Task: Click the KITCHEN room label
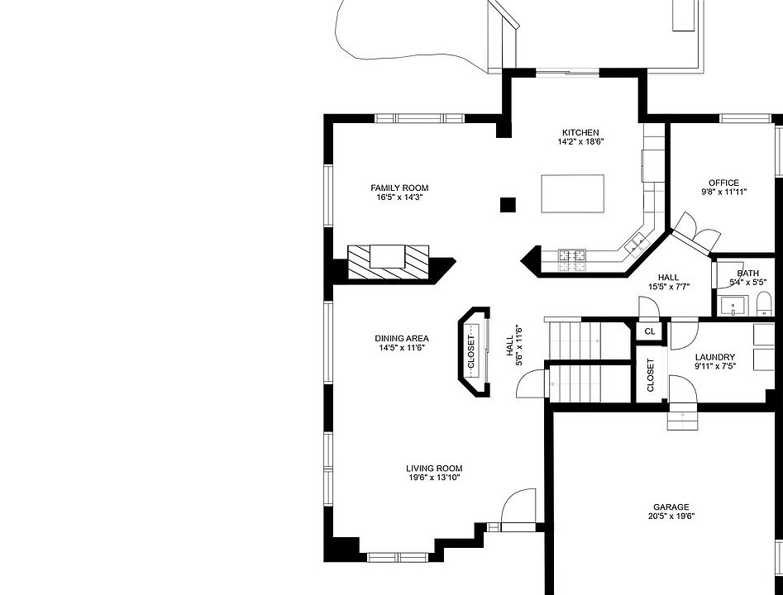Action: [580, 132]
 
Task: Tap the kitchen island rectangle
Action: [572, 193]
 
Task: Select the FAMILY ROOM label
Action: [399, 188]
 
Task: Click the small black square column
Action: [508, 204]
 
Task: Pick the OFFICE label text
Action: [723, 183]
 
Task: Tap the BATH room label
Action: [748, 274]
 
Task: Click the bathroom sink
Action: [732, 307]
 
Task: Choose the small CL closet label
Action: [650, 331]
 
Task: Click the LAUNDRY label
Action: [714, 357]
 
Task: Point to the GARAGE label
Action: [671, 507]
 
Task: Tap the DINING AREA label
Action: [402, 338]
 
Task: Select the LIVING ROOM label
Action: [434, 468]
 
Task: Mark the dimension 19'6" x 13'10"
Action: [434, 478]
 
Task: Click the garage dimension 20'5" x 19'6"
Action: [671, 517]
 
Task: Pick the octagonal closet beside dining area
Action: [473, 352]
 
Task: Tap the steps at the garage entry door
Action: [683, 416]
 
